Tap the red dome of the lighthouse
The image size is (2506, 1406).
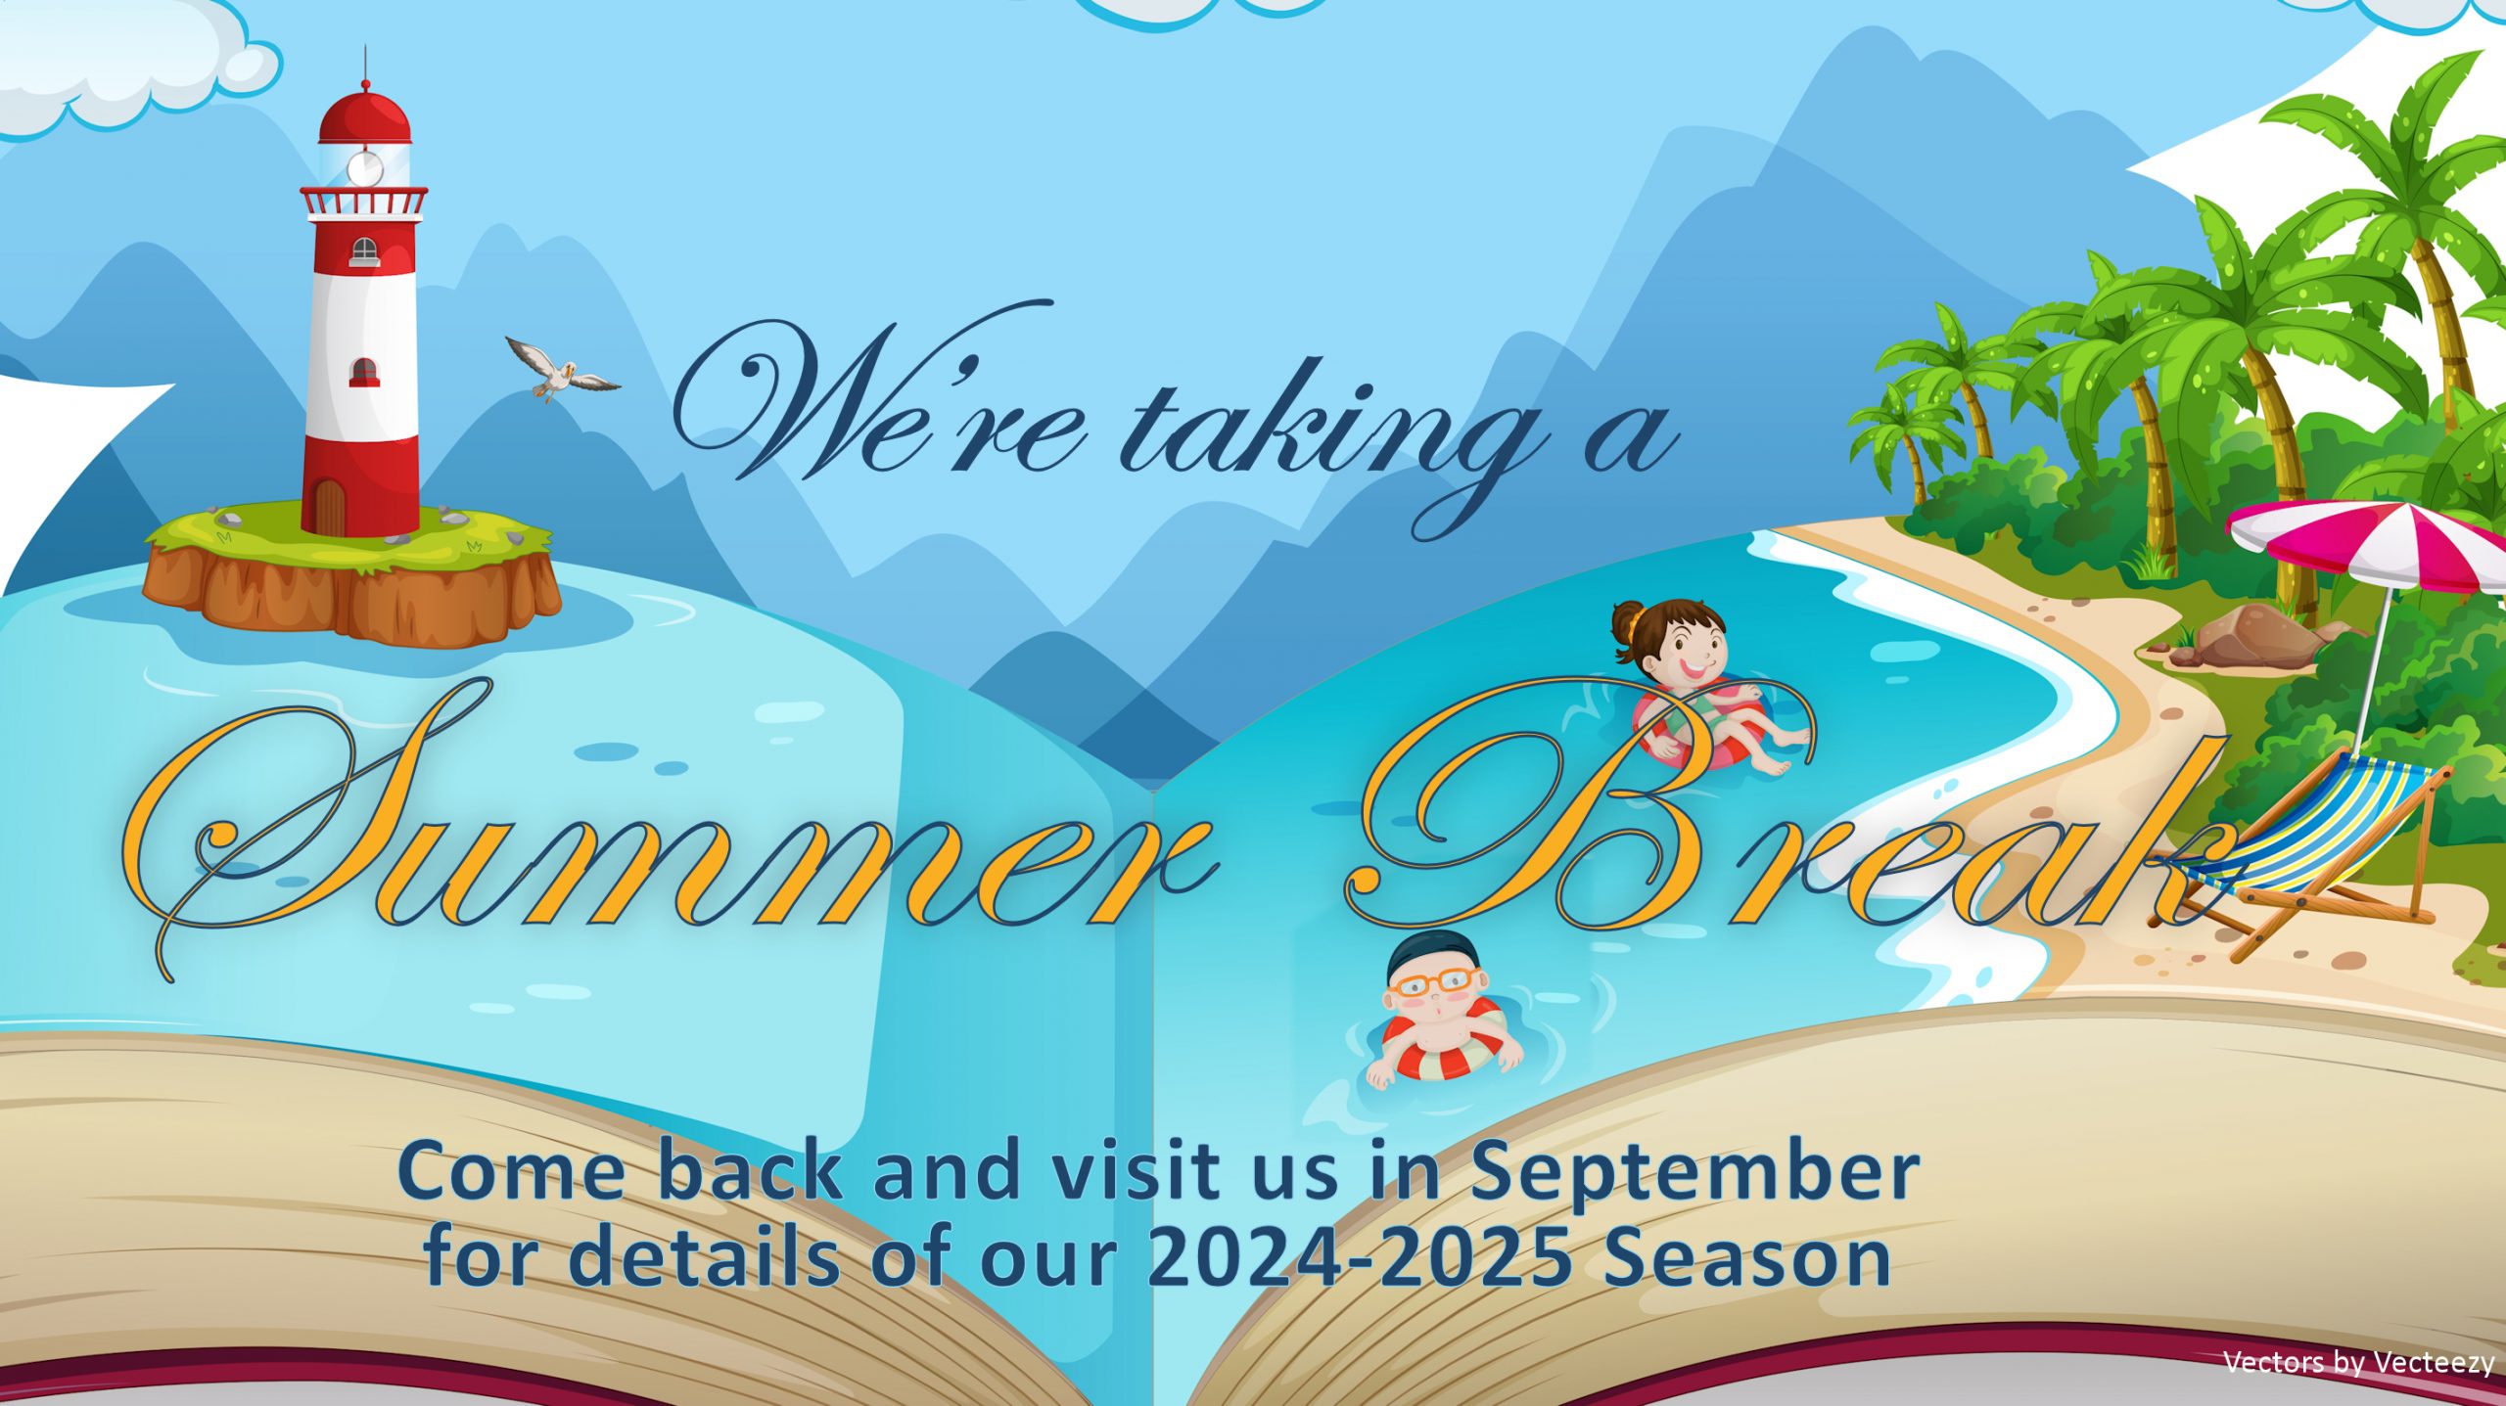[x=364, y=115]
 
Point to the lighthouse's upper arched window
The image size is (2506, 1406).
[x=364, y=251]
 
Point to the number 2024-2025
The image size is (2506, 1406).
[x=1360, y=1258]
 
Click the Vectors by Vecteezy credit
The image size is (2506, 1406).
[x=2359, y=1362]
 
